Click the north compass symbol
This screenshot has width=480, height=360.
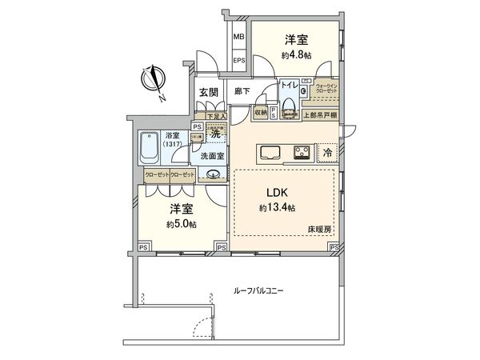click(154, 81)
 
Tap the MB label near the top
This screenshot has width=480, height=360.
click(238, 37)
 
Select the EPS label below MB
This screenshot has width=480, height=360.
click(238, 60)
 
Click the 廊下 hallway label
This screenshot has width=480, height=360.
click(242, 93)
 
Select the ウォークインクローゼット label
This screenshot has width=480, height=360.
click(326, 89)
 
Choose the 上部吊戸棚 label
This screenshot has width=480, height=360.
click(323, 115)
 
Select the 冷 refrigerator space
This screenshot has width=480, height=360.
click(326, 150)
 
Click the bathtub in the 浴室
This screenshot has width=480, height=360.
click(149, 146)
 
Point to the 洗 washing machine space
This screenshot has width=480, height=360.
click(214, 133)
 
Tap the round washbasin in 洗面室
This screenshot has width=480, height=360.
click(214, 176)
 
